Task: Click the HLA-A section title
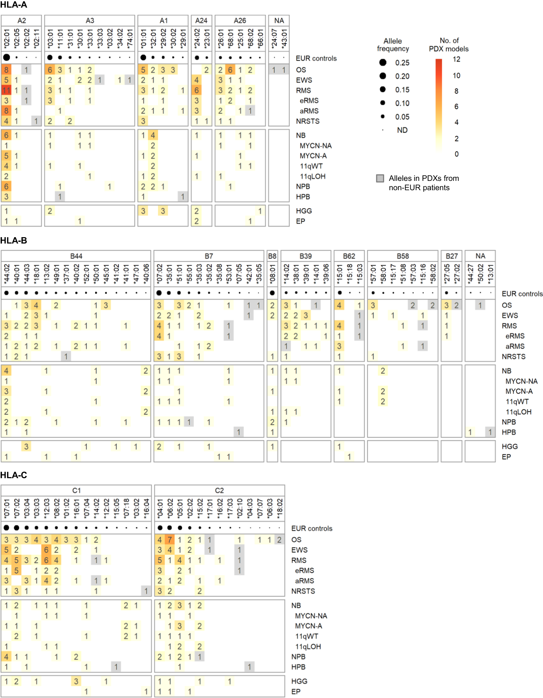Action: coord(14,5)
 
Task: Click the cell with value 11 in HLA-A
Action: coord(6,90)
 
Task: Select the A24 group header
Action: coord(201,21)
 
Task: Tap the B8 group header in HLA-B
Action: coord(272,256)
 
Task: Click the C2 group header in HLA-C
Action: coord(219,491)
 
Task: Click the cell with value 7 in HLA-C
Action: coord(170,540)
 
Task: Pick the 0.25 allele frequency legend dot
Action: coord(383,63)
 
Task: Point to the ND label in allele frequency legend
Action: coord(402,130)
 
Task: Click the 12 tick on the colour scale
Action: coord(456,59)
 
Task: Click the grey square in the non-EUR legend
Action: coord(380,178)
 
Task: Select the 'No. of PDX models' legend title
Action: coord(449,45)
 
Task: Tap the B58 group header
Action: coord(403,256)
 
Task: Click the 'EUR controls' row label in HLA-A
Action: coord(316,59)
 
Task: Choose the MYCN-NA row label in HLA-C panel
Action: coord(311,616)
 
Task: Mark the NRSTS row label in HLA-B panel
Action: coord(513,357)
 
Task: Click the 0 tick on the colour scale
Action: coord(456,154)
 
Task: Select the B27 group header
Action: coord(452,256)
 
